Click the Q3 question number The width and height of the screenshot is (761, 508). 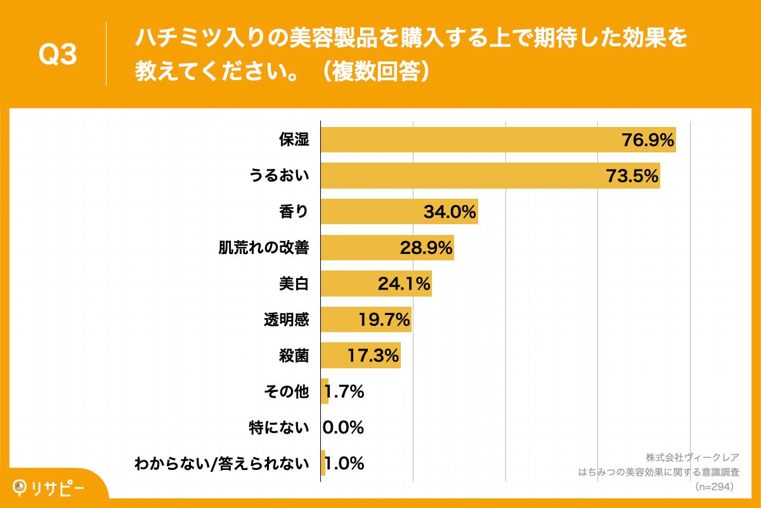[x=58, y=55]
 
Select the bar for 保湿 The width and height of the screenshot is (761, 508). [x=469, y=140]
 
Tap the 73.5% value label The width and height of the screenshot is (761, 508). [x=632, y=176]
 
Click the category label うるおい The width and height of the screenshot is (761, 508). [x=278, y=176]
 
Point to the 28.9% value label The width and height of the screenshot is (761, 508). [x=426, y=248]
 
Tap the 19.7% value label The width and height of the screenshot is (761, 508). [x=384, y=319]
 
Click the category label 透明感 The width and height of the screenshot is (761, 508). [x=286, y=319]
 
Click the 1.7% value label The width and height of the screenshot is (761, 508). [x=343, y=392]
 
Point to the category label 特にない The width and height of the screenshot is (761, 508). [x=279, y=427]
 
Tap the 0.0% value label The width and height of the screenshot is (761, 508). [x=343, y=427]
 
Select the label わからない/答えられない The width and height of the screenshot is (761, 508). [x=222, y=464]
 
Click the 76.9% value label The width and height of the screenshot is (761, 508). [x=647, y=140]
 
